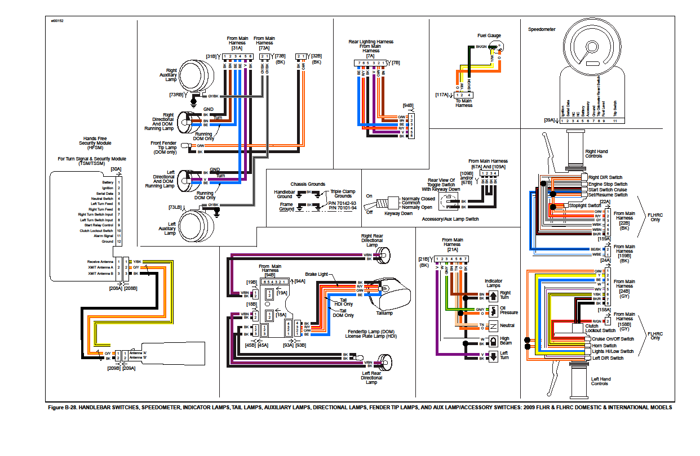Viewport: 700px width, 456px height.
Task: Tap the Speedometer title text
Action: click(x=541, y=29)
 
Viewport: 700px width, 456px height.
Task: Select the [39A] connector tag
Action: click(x=549, y=120)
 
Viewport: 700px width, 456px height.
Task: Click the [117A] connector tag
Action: click(x=442, y=96)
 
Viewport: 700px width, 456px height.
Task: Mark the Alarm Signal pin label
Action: click(x=103, y=236)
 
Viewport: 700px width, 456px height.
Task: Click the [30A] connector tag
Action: click(x=116, y=169)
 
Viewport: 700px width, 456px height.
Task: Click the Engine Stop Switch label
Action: click(x=608, y=184)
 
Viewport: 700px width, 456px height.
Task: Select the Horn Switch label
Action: click(x=604, y=346)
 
